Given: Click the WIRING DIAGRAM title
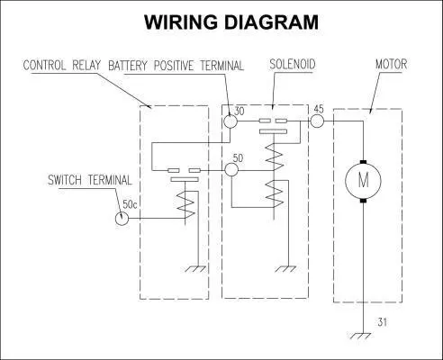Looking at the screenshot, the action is pyautogui.click(x=231, y=22).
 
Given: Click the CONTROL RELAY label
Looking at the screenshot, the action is pyautogui.click(x=62, y=65).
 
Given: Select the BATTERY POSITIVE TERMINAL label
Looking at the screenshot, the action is pyautogui.click(x=176, y=66).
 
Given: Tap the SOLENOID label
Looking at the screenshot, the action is pyautogui.click(x=293, y=64).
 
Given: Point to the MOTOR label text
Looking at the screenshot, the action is pyautogui.click(x=392, y=64).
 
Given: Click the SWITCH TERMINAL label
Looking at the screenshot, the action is pyautogui.click(x=90, y=180).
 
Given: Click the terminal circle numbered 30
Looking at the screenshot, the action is pyautogui.click(x=231, y=121).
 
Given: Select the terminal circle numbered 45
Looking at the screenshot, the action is pyautogui.click(x=317, y=121).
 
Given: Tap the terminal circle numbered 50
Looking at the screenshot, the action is pyautogui.click(x=231, y=170).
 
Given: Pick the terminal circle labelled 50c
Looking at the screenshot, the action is pyautogui.click(x=122, y=218).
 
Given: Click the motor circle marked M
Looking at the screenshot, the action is pyautogui.click(x=363, y=181).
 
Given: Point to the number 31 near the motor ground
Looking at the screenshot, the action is pyautogui.click(x=383, y=322).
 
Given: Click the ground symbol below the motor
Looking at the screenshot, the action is pyautogui.click(x=360, y=336).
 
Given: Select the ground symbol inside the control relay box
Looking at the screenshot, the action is pyautogui.click(x=195, y=269).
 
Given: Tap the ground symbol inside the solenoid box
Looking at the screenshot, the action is pyautogui.click(x=285, y=269).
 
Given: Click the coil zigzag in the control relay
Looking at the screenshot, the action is pyautogui.click(x=185, y=204).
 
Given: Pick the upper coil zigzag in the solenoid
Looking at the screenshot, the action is pyautogui.click(x=275, y=157).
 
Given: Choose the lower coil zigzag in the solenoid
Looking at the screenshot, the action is pyautogui.click(x=275, y=193).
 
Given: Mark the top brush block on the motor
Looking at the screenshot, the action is pyautogui.click(x=364, y=162).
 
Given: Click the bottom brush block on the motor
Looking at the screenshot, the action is pyautogui.click(x=364, y=200).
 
